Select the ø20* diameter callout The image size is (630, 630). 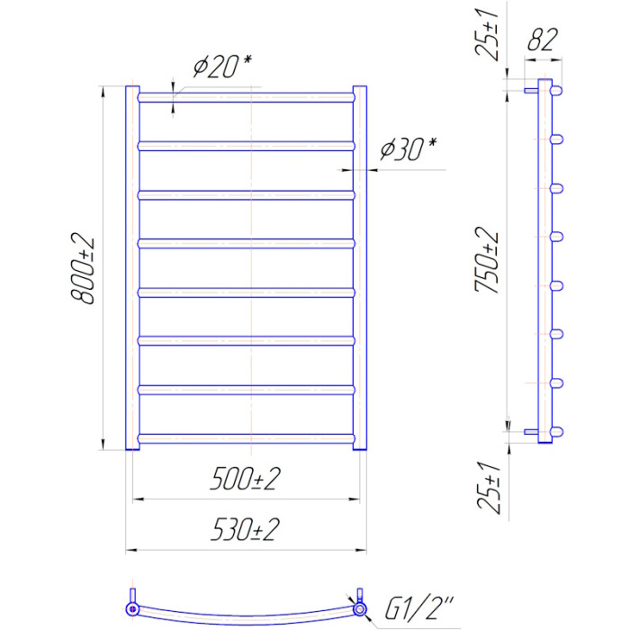tap(222, 67)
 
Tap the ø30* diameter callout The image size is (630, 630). tap(409, 149)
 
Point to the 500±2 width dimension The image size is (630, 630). tap(245, 479)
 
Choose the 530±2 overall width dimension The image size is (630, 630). tap(245, 530)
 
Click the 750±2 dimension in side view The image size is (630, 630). tap(487, 260)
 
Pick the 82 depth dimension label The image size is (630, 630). tap(543, 40)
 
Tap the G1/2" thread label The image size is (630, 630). tap(418, 607)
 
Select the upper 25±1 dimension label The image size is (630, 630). tap(487, 35)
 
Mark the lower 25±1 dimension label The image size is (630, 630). tap(489, 488)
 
